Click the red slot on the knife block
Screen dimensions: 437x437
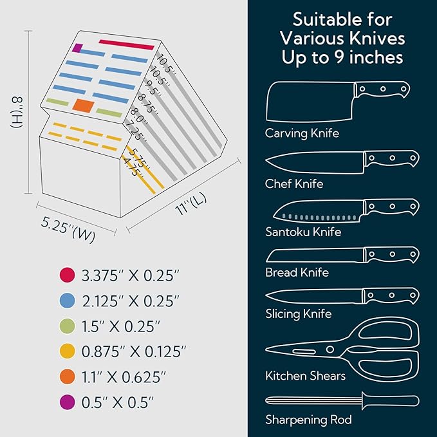pos(127,45)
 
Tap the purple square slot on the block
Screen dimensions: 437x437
pos(77,48)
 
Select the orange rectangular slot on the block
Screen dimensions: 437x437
pos(83,106)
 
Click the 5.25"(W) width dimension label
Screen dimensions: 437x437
pos(68,229)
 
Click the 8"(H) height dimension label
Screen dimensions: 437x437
pos(17,112)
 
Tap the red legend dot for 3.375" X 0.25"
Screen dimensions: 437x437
pos(67,275)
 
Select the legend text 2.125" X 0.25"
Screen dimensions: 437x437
pos(131,301)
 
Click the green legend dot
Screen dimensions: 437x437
pos(67,326)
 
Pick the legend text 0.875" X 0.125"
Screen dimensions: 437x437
pos(134,351)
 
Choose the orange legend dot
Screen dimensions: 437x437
pos(67,377)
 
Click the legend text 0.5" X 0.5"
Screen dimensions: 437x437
pos(118,402)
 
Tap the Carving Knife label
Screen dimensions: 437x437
pos(302,133)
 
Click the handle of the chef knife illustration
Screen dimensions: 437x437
pos(391,158)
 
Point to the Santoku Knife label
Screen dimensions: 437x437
pos(303,232)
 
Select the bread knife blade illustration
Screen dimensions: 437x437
pos(315,256)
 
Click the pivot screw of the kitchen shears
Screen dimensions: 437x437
pos(330,349)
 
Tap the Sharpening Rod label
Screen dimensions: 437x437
pos(308,420)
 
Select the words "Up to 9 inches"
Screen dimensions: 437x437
pos(342,57)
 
